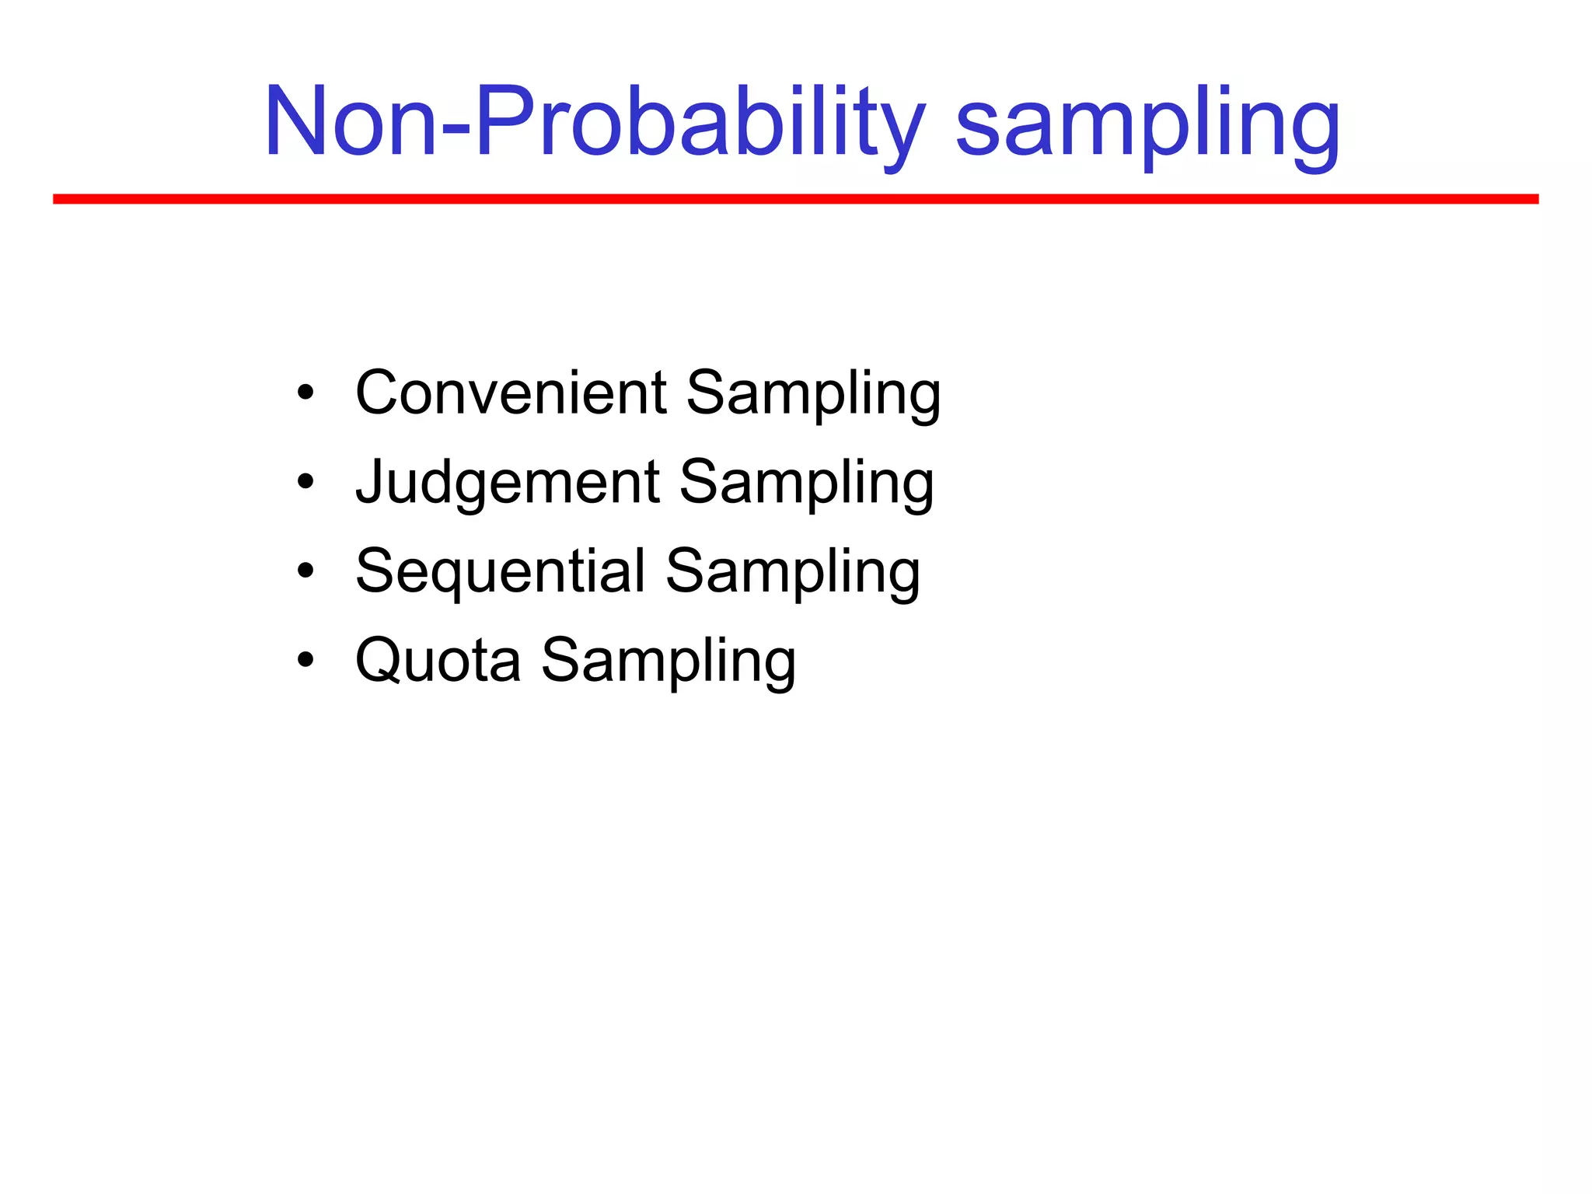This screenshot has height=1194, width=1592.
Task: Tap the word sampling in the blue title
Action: point(1147,128)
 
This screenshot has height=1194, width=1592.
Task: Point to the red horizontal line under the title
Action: point(795,199)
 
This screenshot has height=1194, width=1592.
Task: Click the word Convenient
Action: point(511,393)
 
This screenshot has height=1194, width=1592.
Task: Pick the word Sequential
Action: point(500,571)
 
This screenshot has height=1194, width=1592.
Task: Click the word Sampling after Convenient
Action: point(813,395)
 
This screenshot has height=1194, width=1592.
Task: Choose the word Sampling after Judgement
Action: point(807,484)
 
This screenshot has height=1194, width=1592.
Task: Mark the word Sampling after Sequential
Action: point(793,574)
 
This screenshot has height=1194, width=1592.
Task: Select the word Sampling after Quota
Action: point(669,662)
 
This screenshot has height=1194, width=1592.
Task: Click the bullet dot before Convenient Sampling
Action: point(305,393)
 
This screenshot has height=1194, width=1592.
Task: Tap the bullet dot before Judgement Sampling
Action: point(305,482)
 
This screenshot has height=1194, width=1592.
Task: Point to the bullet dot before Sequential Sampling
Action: point(305,571)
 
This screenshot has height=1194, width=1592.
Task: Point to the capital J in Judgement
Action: point(369,482)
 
